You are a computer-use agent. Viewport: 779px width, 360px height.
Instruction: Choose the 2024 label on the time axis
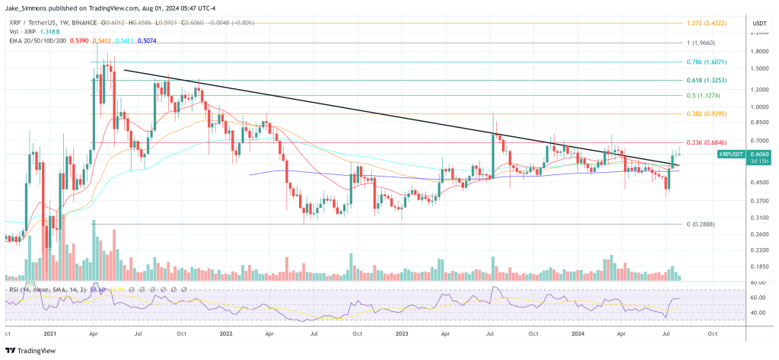point(578,333)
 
